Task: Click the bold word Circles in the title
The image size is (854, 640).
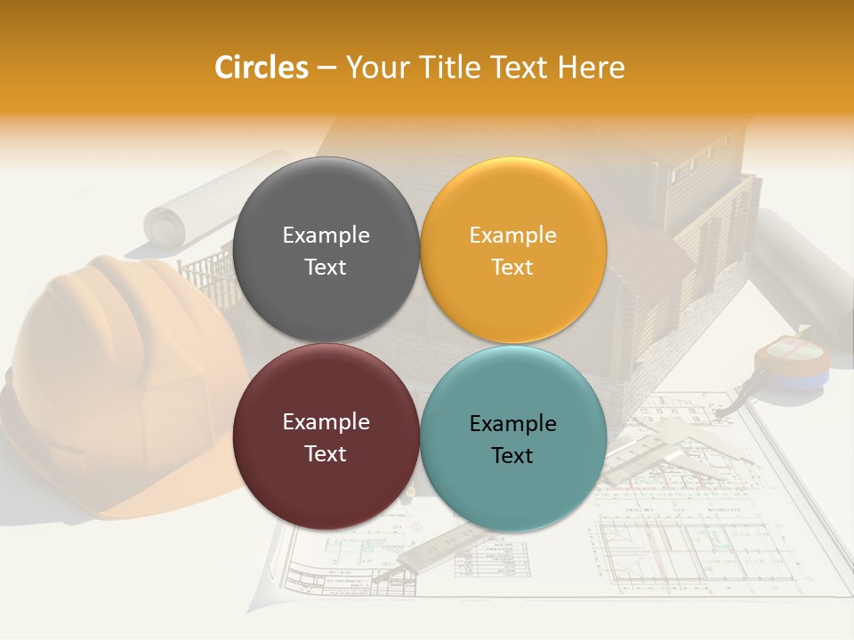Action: click(261, 68)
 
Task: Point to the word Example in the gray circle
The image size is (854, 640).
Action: click(326, 236)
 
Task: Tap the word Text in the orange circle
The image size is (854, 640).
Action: click(512, 268)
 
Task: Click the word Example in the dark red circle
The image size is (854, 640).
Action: click(326, 422)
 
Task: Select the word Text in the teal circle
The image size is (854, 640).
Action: click(512, 456)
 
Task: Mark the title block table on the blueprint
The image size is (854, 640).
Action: click(489, 560)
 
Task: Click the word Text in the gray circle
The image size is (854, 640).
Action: click(326, 268)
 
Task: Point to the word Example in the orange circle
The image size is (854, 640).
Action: click(512, 236)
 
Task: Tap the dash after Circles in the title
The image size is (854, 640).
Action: click(326, 68)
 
